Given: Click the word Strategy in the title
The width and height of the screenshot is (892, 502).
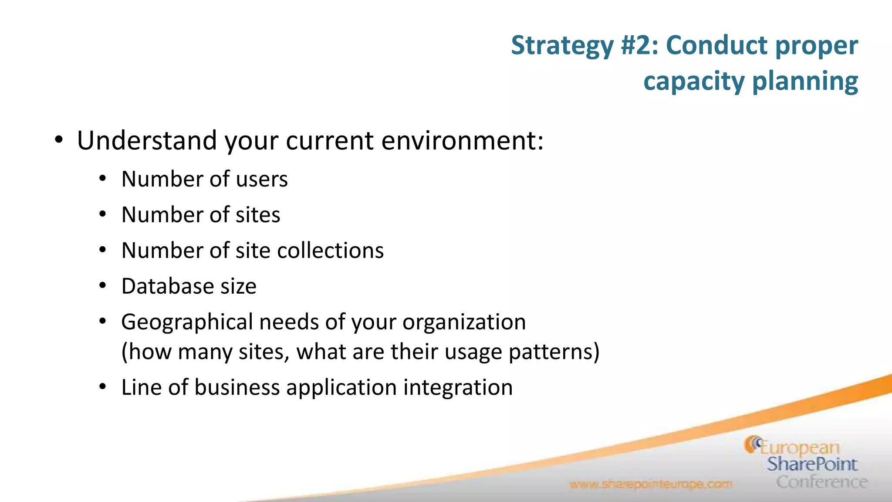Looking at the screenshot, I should [562, 46].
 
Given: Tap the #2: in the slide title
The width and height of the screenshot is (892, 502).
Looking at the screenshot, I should [640, 46].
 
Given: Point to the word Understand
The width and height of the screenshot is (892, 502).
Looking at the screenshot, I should [147, 141].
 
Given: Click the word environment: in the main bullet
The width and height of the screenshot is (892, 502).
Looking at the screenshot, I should [463, 141].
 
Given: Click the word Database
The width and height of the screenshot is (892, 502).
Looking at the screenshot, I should [167, 286].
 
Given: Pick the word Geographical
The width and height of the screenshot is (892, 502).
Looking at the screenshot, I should [187, 322].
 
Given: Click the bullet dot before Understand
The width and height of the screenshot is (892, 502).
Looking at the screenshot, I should [59, 140].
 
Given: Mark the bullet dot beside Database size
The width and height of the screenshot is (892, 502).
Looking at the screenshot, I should [102, 286].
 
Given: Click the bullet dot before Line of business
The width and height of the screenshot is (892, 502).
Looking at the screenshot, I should [102, 387].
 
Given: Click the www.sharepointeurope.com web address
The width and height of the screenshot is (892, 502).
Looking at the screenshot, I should [651, 484].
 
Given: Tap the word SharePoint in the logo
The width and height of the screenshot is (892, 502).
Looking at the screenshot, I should [812, 464].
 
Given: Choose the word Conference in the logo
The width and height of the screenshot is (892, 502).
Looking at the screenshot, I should [821, 482].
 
